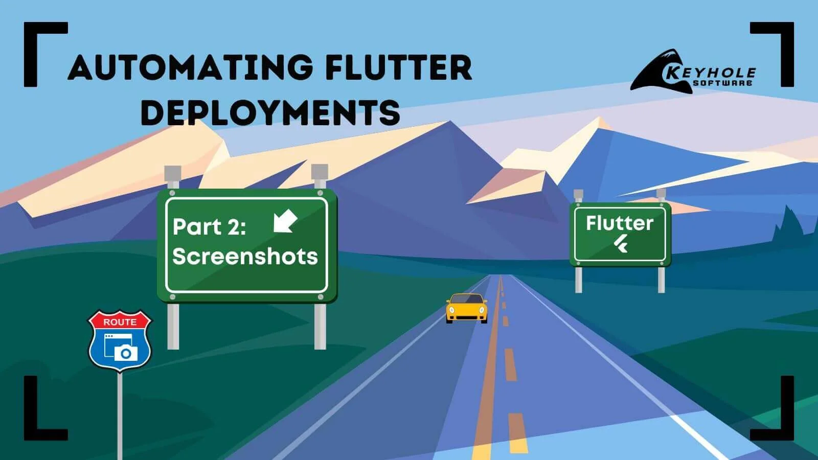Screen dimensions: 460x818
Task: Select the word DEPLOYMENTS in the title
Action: pyautogui.click(x=270, y=112)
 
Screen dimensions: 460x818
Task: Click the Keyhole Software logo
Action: pyautogui.click(x=693, y=72)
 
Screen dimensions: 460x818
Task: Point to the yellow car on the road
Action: pyautogui.click(x=466, y=308)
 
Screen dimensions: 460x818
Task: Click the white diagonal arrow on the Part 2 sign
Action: pyautogui.click(x=285, y=221)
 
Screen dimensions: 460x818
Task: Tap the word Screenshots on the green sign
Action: pyautogui.click(x=245, y=256)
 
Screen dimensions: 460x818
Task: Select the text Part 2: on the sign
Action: pyautogui.click(x=209, y=227)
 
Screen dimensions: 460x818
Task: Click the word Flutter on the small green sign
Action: pyautogui.click(x=620, y=223)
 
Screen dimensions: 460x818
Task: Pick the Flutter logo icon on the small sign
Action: pyautogui.click(x=621, y=244)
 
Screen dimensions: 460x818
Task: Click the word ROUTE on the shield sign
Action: pyautogui.click(x=120, y=322)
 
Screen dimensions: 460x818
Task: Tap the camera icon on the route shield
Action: pyautogui.click(x=125, y=353)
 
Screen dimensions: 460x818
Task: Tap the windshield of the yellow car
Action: pyautogui.click(x=466, y=300)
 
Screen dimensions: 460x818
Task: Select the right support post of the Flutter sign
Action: pyautogui.click(x=661, y=279)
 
